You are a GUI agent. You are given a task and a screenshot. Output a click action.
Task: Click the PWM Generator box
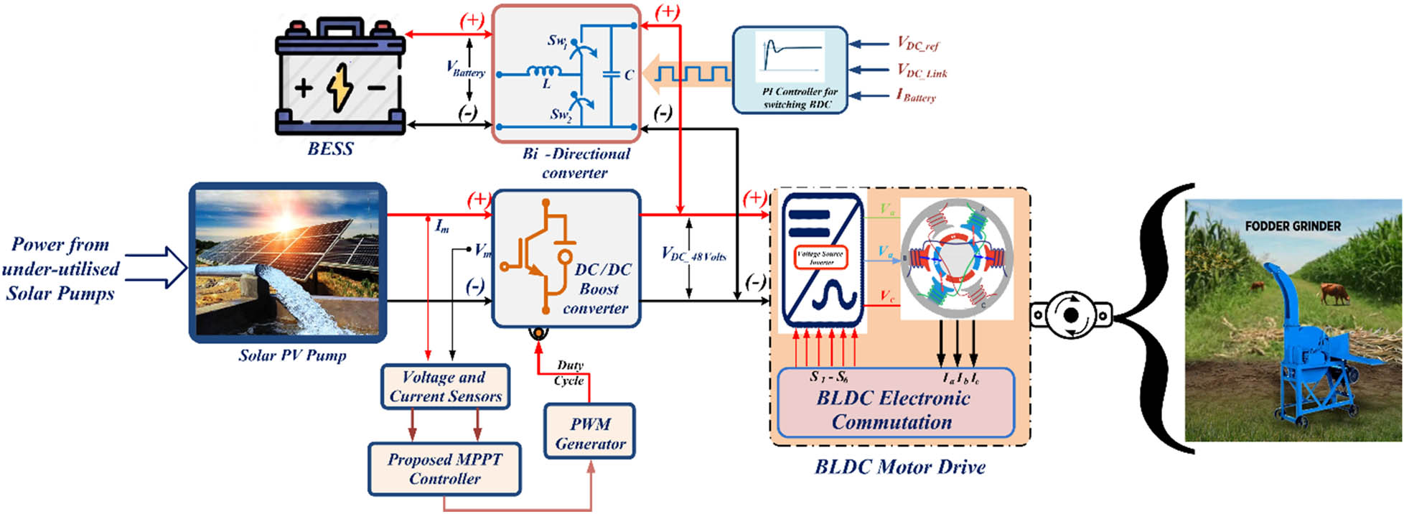pos(589,433)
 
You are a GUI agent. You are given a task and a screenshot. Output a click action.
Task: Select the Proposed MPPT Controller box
pos(444,469)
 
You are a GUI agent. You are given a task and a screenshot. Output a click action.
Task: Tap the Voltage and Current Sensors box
pos(445,387)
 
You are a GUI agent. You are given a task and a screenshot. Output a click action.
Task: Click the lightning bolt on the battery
pos(340,88)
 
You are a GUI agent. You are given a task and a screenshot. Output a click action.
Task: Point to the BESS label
pos(330,149)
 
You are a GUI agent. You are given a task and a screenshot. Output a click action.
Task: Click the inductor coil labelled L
pos(543,71)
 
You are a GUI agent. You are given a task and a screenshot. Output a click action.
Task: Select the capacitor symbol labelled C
pos(612,74)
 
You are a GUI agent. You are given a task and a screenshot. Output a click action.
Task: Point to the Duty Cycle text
pos(569,373)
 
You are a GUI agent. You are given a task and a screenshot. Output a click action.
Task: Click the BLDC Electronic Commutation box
pos(894,409)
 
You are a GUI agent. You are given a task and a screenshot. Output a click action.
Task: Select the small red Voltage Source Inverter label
pos(820,258)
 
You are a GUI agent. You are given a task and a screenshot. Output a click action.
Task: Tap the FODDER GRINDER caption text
pos(1292,226)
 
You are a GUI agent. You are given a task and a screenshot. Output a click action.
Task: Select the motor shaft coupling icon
pos(1070,315)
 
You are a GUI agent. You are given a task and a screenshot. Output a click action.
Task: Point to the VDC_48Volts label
pos(693,255)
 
